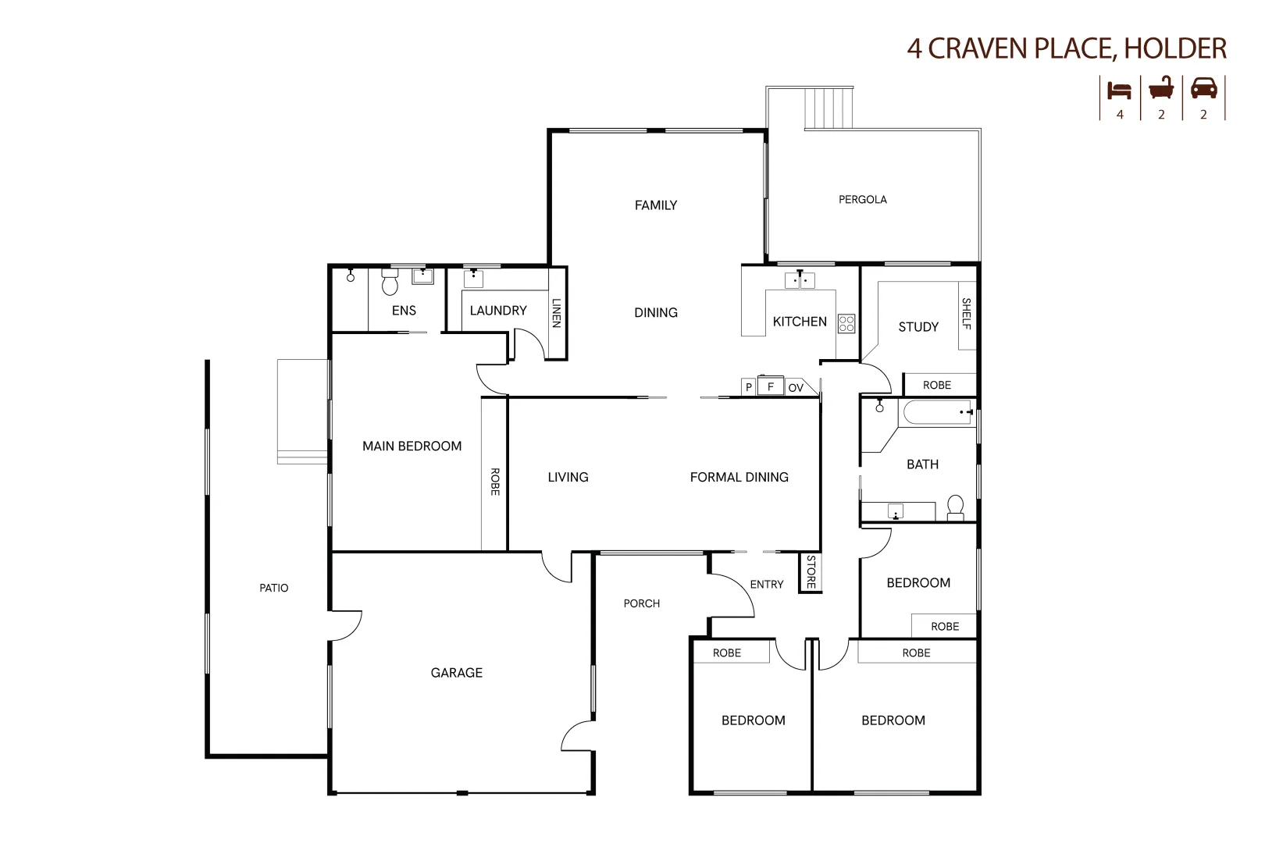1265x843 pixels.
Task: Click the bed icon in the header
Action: tap(1120, 90)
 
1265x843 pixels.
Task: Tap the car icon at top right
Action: tap(1203, 88)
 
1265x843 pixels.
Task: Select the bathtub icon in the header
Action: tap(1161, 88)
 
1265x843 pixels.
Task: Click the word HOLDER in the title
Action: tap(1175, 48)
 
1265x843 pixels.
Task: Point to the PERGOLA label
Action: tap(862, 200)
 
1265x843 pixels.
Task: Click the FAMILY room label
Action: tap(655, 205)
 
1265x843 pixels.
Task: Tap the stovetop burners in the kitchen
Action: tap(846, 323)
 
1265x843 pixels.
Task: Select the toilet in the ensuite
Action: tap(390, 283)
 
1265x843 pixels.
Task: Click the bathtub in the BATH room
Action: tap(937, 412)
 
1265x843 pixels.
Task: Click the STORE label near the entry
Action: tap(811, 572)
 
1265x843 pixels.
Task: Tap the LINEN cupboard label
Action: tap(556, 312)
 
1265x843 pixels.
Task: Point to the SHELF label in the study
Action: tap(967, 313)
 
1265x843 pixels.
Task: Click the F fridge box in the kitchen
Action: tap(771, 386)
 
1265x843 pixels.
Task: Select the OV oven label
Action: tap(796, 388)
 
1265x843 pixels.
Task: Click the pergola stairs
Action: tap(830, 108)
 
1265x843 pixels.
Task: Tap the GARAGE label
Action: tap(456, 673)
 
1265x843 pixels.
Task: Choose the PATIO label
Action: tap(273, 589)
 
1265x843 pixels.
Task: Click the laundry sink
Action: tap(473, 278)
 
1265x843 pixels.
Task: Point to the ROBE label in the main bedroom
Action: tap(494, 481)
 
